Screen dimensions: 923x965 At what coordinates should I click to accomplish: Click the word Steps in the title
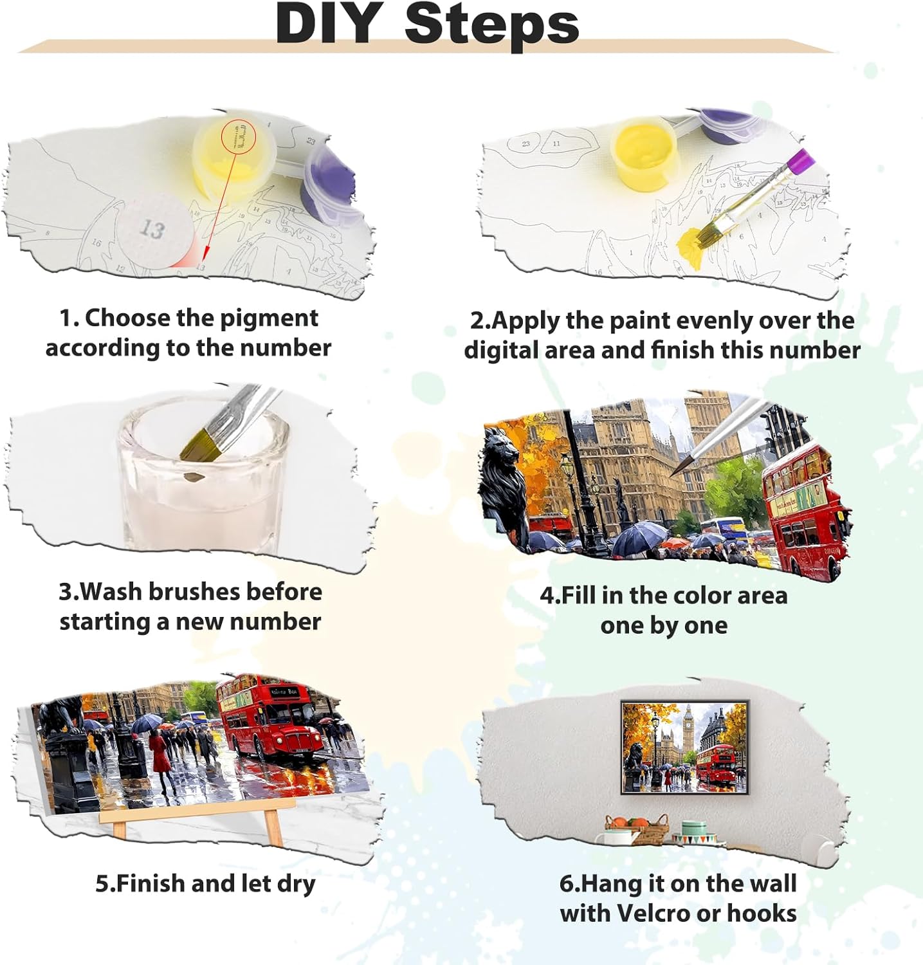[x=491, y=24]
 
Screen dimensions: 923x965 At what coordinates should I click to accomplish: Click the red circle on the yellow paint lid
[x=239, y=136]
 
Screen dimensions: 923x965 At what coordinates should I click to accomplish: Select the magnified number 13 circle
[x=153, y=230]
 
